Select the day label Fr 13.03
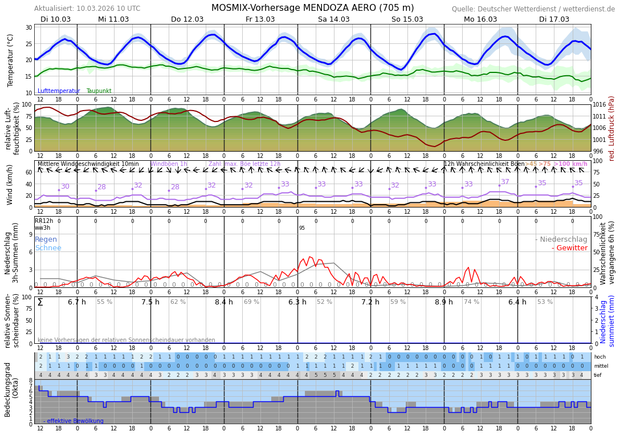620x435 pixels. coord(260,19)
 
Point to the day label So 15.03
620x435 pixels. coord(407,19)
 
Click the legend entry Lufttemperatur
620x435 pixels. coord(59,91)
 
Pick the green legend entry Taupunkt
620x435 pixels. coord(99,91)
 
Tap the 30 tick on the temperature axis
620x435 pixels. coord(29,27)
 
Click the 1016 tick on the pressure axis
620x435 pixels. coord(600,105)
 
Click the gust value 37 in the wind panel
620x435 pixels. coord(505,182)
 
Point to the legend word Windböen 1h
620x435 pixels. coord(169,164)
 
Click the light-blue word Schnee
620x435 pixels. coord(48,248)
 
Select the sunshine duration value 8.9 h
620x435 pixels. coord(443,302)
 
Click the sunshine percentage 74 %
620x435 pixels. coord(471,302)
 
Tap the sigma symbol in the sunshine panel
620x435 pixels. coord(40,302)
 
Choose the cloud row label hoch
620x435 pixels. coord(599,357)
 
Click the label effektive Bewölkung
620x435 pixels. coord(75,421)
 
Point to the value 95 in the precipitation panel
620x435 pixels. coord(301,228)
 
